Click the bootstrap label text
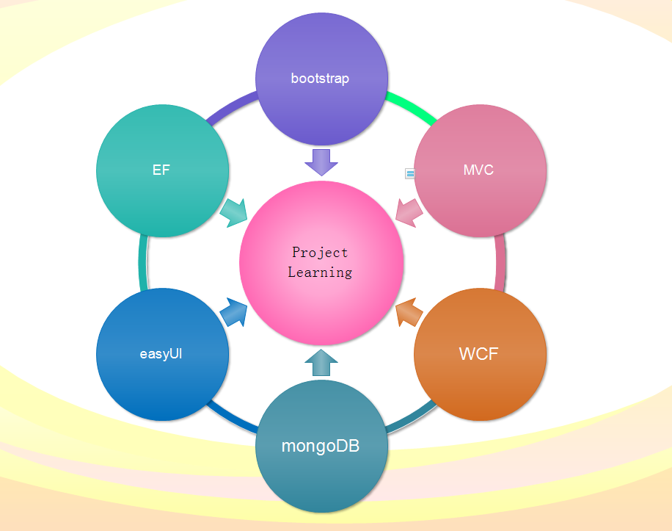click(x=320, y=79)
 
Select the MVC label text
click(x=478, y=170)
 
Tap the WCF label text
click(x=478, y=354)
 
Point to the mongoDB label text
click(x=321, y=446)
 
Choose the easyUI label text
click(x=161, y=354)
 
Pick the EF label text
click(x=161, y=170)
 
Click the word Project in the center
click(x=320, y=253)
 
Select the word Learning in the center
click(x=320, y=272)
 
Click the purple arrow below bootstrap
click(x=321, y=161)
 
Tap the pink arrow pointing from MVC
click(x=408, y=212)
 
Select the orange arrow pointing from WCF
click(x=408, y=313)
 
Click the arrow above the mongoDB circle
click(x=321, y=363)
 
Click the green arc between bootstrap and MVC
click(x=412, y=107)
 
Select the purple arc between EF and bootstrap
click(x=230, y=107)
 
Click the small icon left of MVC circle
click(x=410, y=173)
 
